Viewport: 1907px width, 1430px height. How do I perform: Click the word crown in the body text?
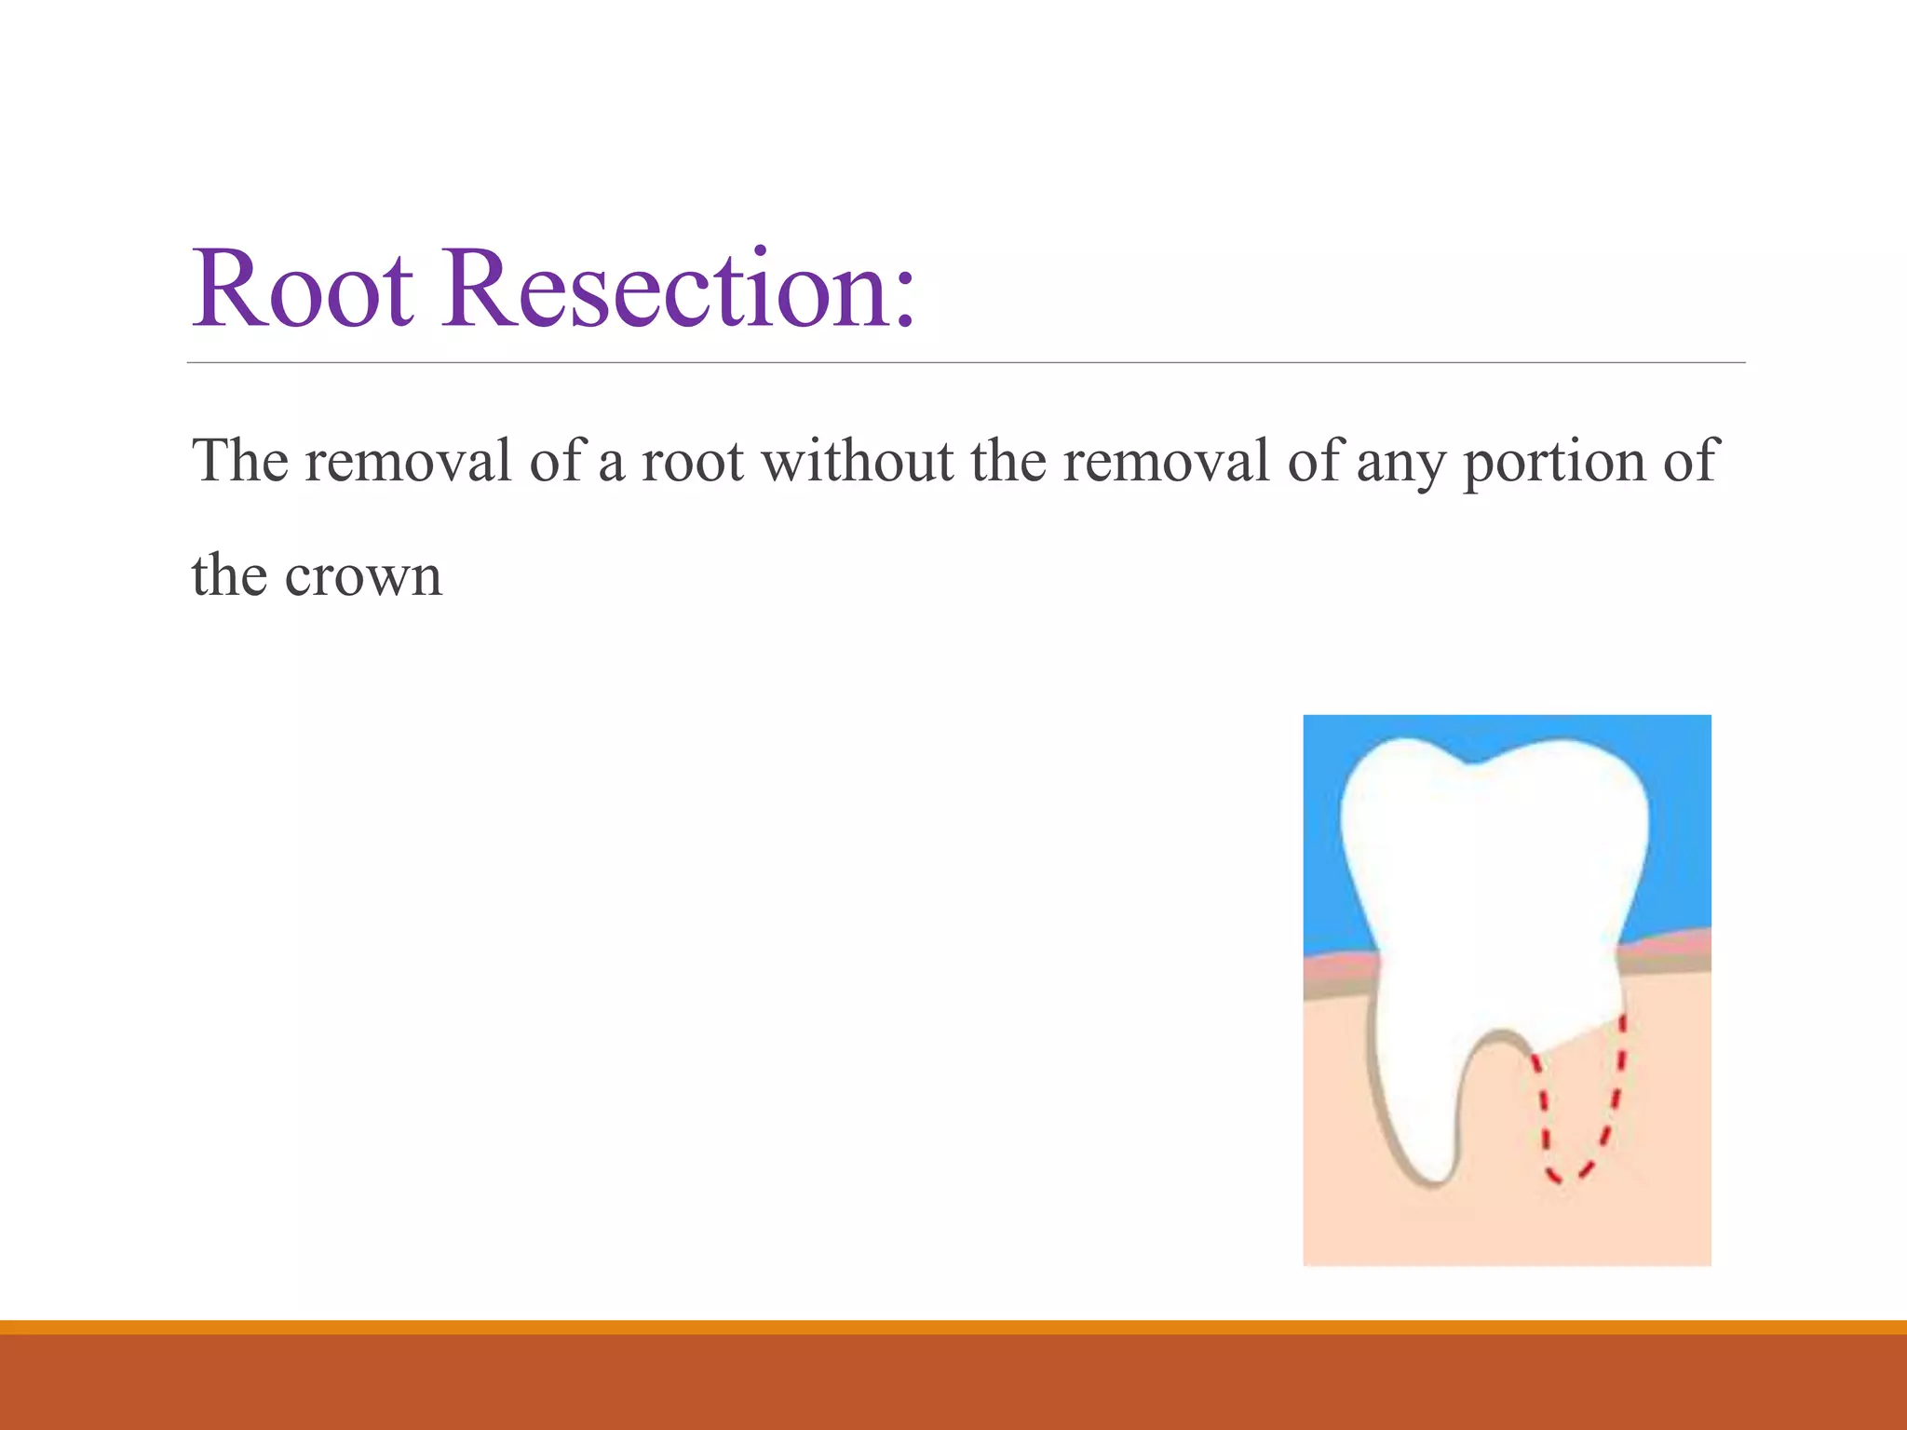pyautogui.click(x=363, y=576)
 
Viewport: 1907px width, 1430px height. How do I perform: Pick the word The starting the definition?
pyautogui.click(x=240, y=461)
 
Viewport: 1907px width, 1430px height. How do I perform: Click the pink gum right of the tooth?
pyautogui.click(x=1667, y=945)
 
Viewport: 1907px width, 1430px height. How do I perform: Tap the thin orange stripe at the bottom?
pyautogui.click(x=953, y=1327)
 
